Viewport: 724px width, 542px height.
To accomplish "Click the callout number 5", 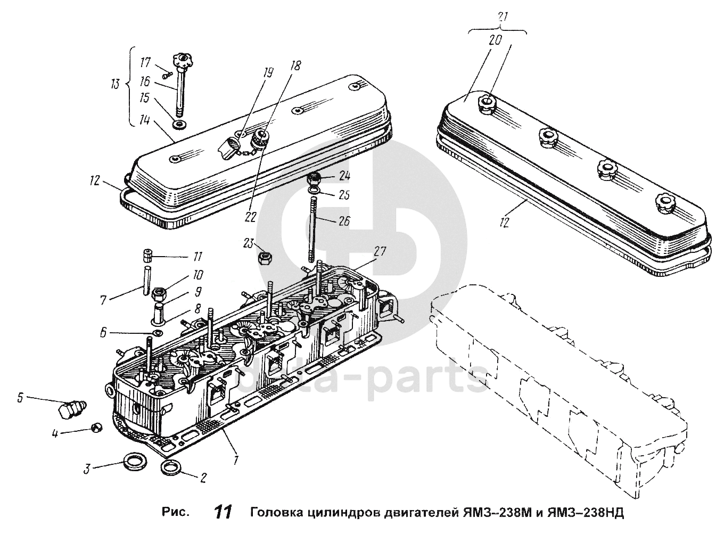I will pos(20,397).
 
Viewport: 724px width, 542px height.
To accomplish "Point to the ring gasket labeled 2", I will pos(170,468).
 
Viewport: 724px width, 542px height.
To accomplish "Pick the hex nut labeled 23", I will pos(264,259).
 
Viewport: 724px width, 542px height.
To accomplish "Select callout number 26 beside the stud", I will pos(344,220).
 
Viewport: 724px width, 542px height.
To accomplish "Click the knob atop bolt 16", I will pos(182,59).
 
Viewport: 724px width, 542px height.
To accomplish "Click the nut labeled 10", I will pos(159,293).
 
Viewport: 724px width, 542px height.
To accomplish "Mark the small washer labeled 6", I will pos(157,333).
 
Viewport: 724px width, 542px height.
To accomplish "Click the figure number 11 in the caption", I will pos(223,512).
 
